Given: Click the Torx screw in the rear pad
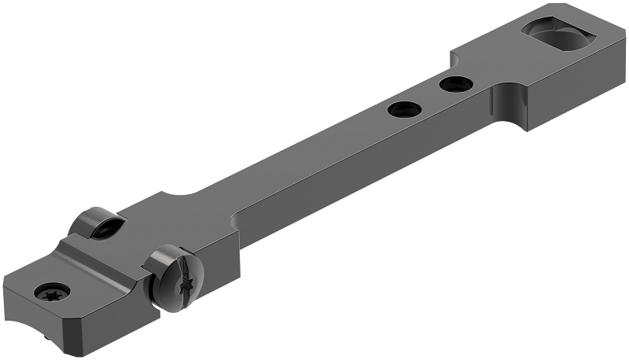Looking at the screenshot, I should click(x=53, y=291).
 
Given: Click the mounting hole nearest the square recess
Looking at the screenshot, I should click(x=456, y=83).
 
